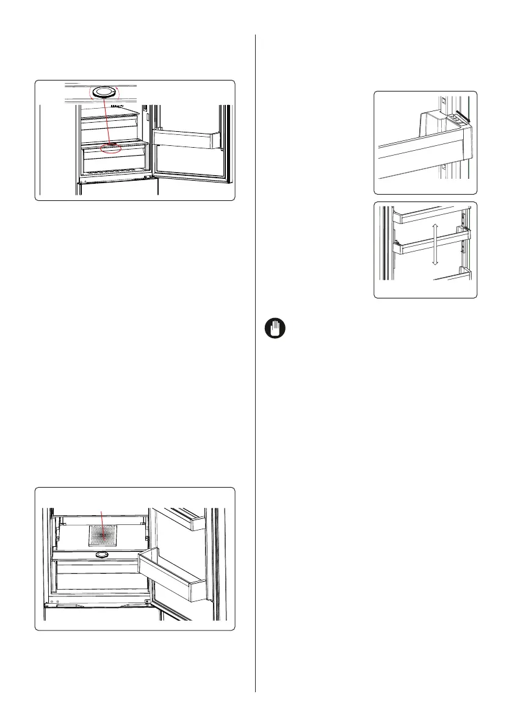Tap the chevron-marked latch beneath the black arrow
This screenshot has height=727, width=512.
457,120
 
